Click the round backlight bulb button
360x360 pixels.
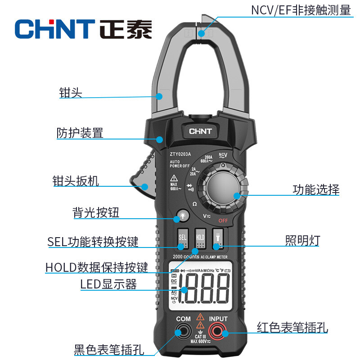(x=183, y=216)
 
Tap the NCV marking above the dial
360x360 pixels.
(x=222, y=155)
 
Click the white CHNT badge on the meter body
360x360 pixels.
(x=200, y=132)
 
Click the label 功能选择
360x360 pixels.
(x=316, y=189)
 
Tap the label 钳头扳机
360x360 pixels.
(x=76, y=181)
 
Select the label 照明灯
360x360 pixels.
(x=302, y=240)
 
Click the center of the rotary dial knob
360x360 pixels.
(x=224, y=189)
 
